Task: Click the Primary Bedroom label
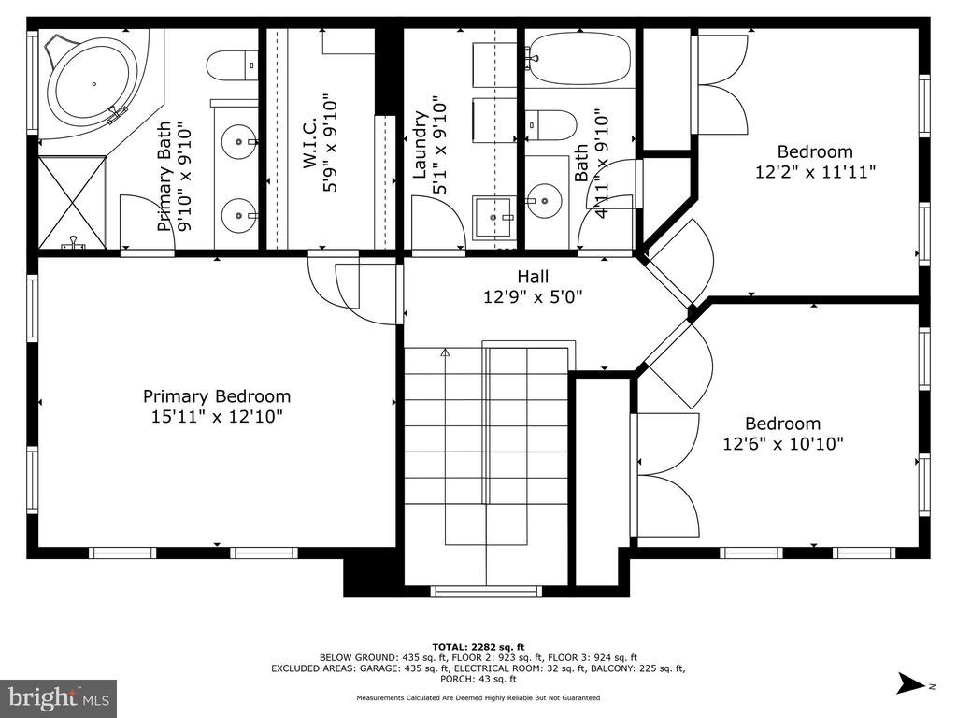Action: (x=217, y=396)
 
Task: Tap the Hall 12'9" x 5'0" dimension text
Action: (x=533, y=296)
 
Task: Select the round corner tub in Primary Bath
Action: (x=93, y=82)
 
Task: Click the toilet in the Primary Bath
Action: (x=232, y=65)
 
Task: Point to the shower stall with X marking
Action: (x=73, y=202)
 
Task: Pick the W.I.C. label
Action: (x=309, y=143)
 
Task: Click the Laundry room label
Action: (x=420, y=145)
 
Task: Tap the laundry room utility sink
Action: (x=493, y=217)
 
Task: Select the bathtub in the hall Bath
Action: (x=579, y=57)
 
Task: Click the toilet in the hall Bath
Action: (x=550, y=125)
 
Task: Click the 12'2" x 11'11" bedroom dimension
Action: (x=815, y=172)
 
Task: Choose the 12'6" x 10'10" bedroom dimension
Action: (x=783, y=443)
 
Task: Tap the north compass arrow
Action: (x=912, y=683)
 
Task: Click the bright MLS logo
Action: (x=59, y=697)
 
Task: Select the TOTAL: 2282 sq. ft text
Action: (x=478, y=647)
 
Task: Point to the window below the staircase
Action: (x=486, y=591)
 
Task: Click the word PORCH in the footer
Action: (x=456, y=679)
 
